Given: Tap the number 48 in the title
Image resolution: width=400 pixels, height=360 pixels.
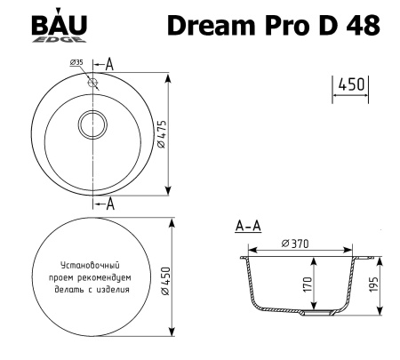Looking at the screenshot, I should [x=362, y=26].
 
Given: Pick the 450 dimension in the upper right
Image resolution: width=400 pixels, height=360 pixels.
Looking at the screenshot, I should [x=352, y=84].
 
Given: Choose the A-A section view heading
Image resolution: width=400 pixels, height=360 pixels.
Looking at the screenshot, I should [x=247, y=228].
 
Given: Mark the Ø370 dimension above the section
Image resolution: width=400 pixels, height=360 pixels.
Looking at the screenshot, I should [x=295, y=244].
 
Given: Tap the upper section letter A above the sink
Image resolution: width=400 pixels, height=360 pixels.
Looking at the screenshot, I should [x=108, y=62].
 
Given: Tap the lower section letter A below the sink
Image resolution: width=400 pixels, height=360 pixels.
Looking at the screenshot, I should [x=110, y=204].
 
